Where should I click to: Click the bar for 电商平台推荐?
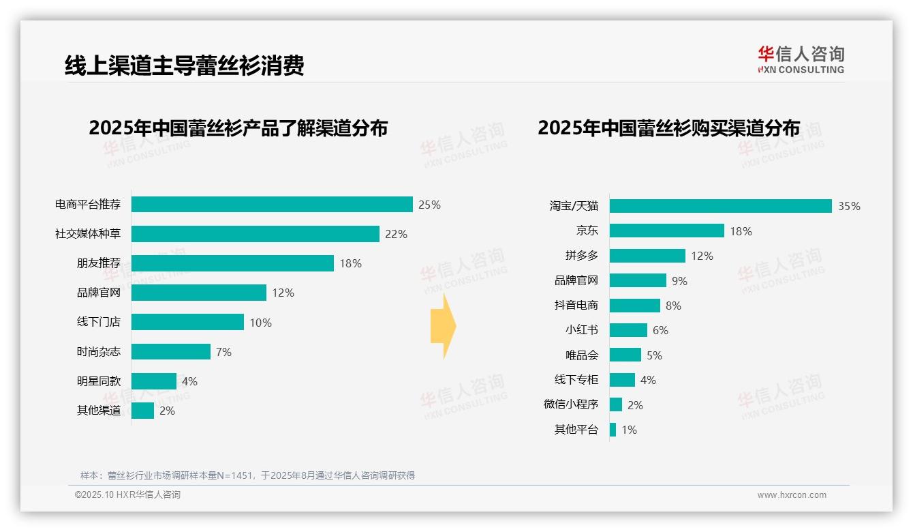(x=272, y=205)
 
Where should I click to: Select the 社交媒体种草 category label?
(x=88, y=234)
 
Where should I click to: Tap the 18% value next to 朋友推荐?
(x=350, y=263)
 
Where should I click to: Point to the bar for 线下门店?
(x=187, y=322)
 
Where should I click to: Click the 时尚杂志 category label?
(x=98, y=352)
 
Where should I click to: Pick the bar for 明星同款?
(x=154, y=381)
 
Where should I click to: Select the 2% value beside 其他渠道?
(x=167, y=411)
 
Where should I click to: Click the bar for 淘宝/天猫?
(x=720, y=206)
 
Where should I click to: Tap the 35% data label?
(x=849, y=206)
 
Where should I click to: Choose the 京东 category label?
(x=587, y=231)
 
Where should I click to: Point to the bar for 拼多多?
(x=647, y=256)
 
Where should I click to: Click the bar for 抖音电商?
(x=634, y=306)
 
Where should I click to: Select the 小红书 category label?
(x=581, y=330)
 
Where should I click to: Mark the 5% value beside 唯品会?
(x=654, y=355)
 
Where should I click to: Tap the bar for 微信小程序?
(x=616, y=404)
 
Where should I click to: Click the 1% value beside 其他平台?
(x=629, y=430)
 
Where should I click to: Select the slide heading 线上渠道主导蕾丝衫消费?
(x=184, y=65)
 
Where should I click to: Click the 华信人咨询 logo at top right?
(x=801, y=59)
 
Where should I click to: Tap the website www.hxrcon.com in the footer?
(x=791, y=495)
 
